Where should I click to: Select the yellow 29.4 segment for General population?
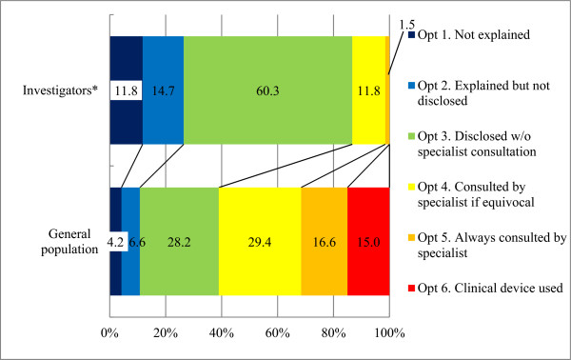pos(260,242)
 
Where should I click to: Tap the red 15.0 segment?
pos(368,242)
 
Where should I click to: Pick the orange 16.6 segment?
pos(325,242)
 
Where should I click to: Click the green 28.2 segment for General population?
pos(179,242)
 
